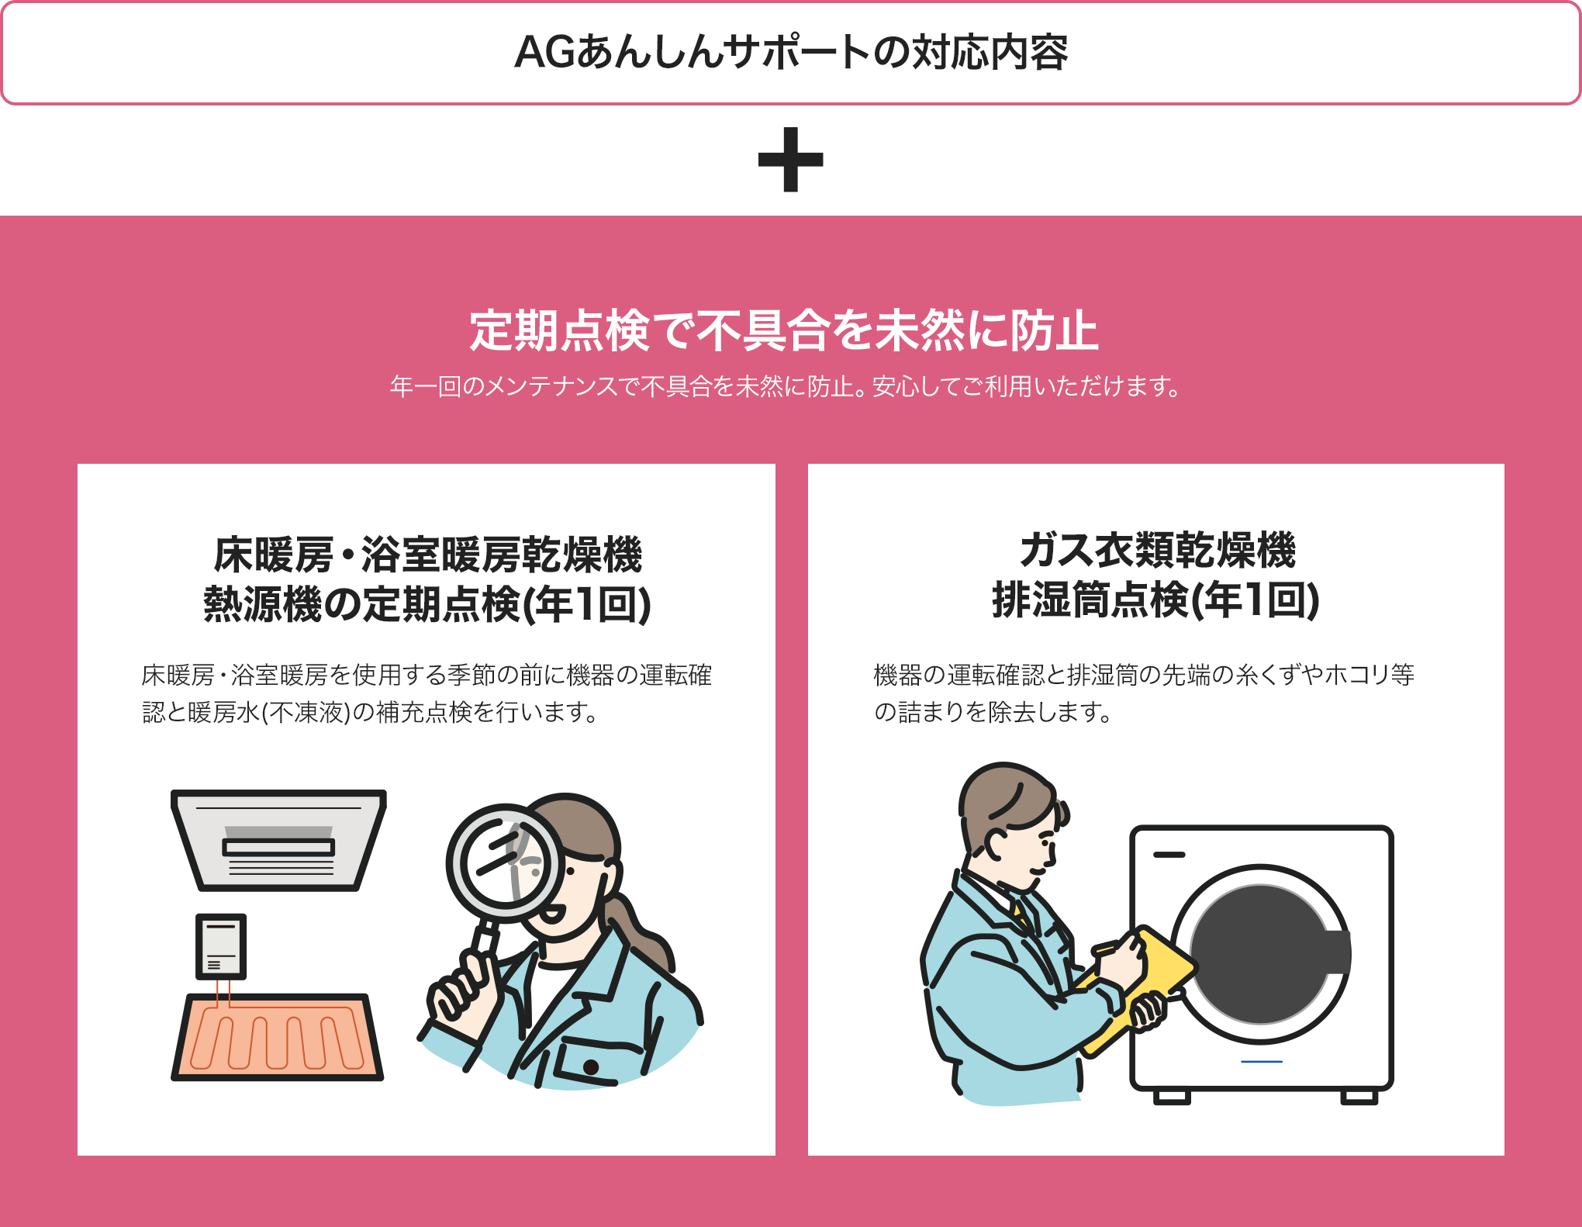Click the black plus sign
[790, 160]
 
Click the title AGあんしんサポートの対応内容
[790, 53]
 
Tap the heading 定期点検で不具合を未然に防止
[783, 331]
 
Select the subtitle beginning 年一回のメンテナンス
[785, 385]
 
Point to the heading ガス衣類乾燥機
[1156, 550]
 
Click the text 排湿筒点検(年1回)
[1155, 600]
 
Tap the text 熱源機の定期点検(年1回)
[427, 604]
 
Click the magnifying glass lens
[506, 862]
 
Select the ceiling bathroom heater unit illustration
[278, 840]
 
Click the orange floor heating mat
[277, 1037]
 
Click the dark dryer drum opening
[1260, 954]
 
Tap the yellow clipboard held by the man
[1140, 985]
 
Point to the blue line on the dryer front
[1261, 1061]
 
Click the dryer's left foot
[1171, 1097]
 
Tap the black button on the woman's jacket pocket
[590, 1067]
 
